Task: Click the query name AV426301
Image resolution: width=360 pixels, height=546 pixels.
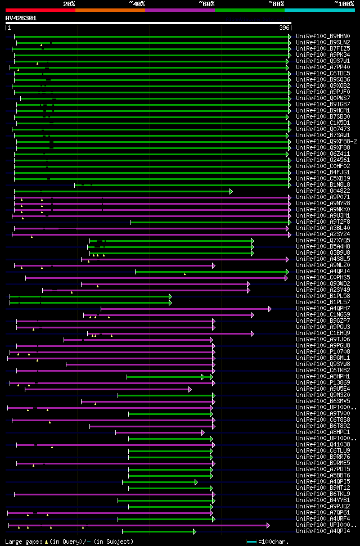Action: pos(21,18)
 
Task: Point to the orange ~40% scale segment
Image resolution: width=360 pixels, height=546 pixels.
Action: pos(110,10)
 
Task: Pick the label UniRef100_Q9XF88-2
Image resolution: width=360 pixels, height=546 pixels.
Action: pos(326,141)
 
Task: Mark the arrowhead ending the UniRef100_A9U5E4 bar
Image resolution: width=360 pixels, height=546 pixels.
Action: pos(190,389)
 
